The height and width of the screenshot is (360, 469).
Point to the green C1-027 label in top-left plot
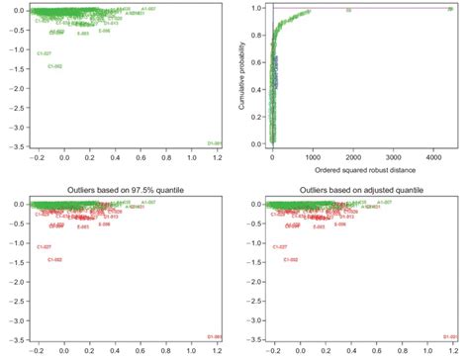[44, 53]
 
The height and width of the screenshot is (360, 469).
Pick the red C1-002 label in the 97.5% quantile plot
[55, 260]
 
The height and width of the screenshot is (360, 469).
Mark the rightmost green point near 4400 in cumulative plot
[442, 10]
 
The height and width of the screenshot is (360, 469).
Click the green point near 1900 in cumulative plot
[347, 11]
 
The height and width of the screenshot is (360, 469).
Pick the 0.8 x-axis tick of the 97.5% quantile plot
[166, 351]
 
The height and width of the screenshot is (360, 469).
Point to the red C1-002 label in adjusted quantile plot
[290, 260]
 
